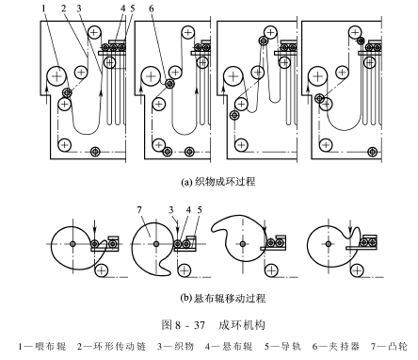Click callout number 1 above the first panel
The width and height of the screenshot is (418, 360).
pyautogui.click(x=44, y=8)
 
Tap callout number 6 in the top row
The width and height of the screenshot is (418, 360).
pyautogui.click(x=152, y=8)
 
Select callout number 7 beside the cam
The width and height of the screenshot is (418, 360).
pyautogui.click(x=139, y=210)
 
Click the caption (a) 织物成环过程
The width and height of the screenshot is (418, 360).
pyautogui.click(x=218, y=182)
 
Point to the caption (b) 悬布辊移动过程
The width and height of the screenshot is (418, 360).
pyautogui.click(x=223, y=297)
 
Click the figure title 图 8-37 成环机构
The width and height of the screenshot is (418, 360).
pyautogui.click(x=214, y=325)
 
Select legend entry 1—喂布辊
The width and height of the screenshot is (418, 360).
pyautogui.click(x=42, y=346)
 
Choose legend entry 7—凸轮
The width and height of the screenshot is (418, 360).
pyautogui.click(x=389, y=346)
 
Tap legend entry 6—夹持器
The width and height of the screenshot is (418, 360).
pyautogui.click(x=336, y=346)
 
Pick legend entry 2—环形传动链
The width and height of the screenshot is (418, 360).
pyautogui.click(x=111, y=346)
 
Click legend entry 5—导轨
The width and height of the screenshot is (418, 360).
pyautogui.click(x=282, y=346)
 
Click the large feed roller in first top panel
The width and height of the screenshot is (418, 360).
pyautogui.click(x=56, y=76)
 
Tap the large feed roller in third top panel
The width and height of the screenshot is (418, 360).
pyautogui.click(x=233, y=76)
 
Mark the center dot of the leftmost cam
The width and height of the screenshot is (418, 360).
pyautogui.click(x=72, y=244)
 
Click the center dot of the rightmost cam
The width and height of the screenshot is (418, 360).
pyautogui.click(x=329, y=244)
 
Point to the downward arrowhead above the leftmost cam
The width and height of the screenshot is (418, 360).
pyautogui.click(x=95, y=234)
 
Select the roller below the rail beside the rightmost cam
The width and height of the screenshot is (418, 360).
pyautogui.click(x=357, y=270)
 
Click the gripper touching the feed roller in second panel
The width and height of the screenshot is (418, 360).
pyautogui.click(x=169, y=84)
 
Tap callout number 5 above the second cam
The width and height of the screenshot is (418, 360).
pyautogui.click(x=200, y=210)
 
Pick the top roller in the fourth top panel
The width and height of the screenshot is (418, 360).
pyautogui.click(x=355, y=32)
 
